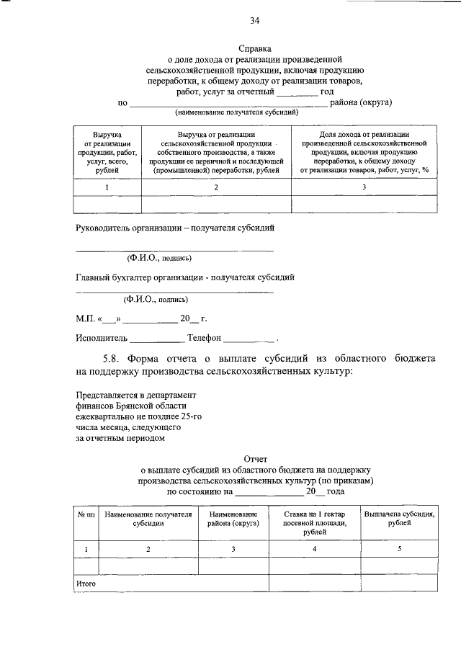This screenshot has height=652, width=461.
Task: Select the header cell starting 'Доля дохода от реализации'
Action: [364, 153]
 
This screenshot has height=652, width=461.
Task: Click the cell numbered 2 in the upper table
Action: [215, 187]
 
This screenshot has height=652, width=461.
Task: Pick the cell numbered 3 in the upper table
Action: [364, 187]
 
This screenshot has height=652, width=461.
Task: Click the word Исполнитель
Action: [102, 337]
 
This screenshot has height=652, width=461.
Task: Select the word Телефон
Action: [204, 337]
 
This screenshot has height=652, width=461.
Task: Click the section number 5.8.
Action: [112, 358]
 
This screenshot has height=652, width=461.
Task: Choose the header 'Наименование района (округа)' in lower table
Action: [233, 519]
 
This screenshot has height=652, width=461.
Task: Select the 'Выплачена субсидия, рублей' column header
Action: [399, 519]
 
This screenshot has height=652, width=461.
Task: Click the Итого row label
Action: [86, 584]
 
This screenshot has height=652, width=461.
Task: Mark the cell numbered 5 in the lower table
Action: [399, 550]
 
